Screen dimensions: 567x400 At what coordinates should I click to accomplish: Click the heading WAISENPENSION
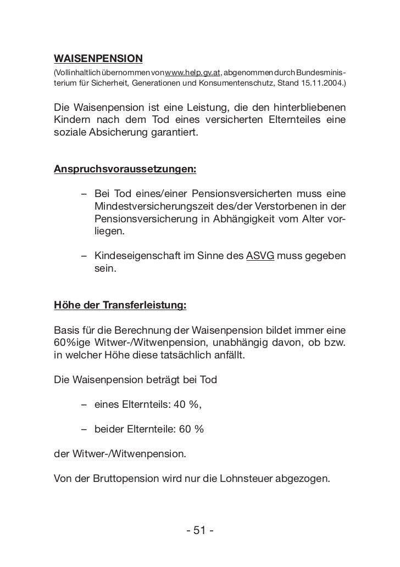click(98, 58)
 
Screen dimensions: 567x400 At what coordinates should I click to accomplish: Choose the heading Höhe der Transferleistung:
click(120, 305)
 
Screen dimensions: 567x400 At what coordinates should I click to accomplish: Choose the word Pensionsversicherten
click(237, 195)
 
